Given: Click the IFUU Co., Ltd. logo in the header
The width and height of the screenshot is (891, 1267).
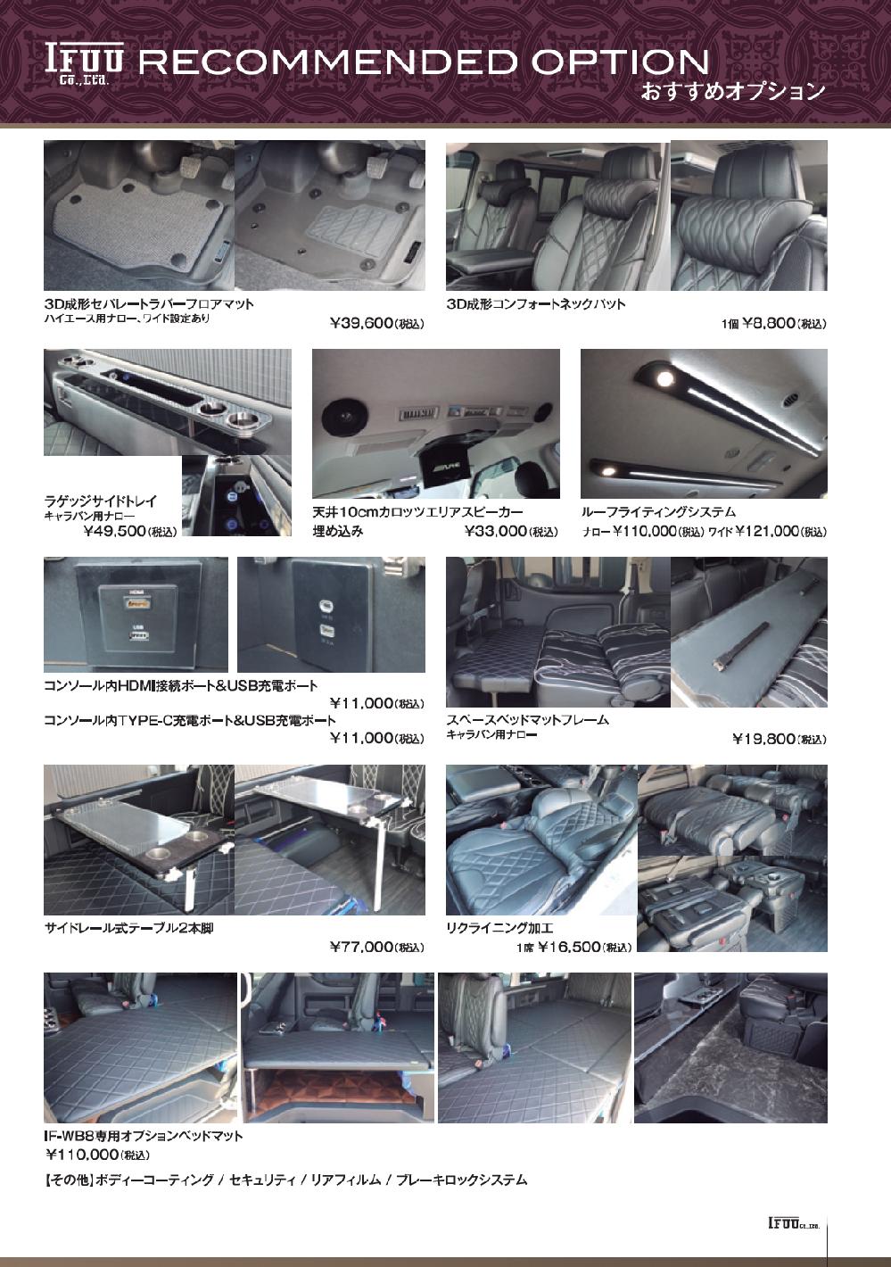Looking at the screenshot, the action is click(84, 64).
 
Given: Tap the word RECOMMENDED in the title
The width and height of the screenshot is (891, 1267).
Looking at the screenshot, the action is click(327, 62).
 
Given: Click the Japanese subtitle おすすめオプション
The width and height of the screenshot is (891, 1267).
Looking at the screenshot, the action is click(733, 92).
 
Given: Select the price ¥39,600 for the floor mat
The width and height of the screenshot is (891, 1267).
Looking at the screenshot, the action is click(377, 324).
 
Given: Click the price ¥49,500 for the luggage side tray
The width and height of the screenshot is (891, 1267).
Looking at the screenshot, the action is click(130, 532).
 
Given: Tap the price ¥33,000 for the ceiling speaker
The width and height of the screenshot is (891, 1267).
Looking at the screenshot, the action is click(511, 532).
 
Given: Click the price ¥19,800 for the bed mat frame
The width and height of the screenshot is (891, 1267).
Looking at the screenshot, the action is click(779, 740).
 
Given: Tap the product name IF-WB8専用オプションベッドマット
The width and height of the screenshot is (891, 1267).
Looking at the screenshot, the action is click(144, 1136).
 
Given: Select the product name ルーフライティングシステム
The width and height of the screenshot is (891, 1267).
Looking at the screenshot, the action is click(658, 512).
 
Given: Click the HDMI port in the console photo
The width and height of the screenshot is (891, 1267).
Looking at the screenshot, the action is click(137, 604).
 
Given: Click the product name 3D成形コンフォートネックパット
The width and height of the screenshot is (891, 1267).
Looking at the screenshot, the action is click(536, 304).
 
